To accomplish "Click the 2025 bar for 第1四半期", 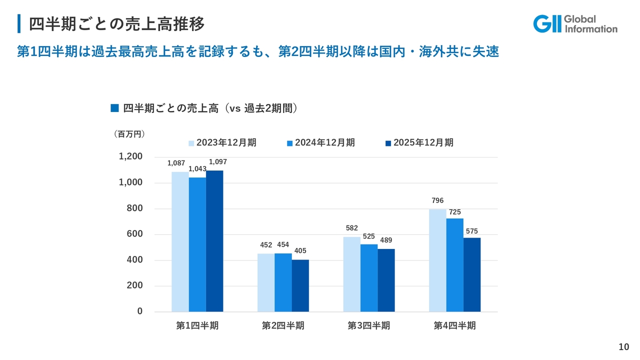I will [x=214, y=241].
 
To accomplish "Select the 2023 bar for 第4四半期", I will [x=437, y=260].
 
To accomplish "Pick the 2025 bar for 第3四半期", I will [x=386, y=280].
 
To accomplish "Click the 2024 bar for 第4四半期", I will [x=454, y=265].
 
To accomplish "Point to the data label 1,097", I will [x=217, y=162].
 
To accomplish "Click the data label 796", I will [x=437, y=200].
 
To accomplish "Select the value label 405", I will [x=300, y=250].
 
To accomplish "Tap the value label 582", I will [x=351, y=228].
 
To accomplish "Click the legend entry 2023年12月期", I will [x=222, y=142].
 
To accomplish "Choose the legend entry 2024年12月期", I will [x=321, y=142].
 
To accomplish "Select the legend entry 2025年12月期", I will [x=419, y=142].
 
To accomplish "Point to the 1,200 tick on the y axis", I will [x=130, y=156].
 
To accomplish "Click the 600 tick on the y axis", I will [x=134, y=234].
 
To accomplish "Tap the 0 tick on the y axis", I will [x=140, y=311].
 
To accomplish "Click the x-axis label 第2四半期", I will [x=283, y=325].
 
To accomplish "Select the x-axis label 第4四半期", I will [x=454, y=325].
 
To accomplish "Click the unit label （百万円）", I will [x=129, y=134].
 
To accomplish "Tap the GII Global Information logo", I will [x=575, y=23].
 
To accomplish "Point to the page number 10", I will [x=623, y=347].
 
